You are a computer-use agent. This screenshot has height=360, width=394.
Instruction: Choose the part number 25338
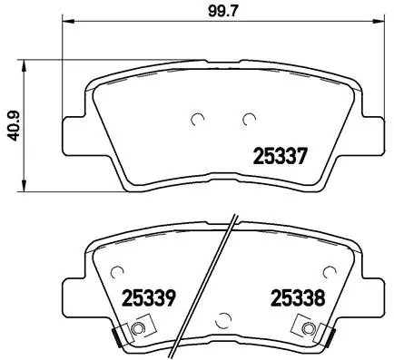point(292,297)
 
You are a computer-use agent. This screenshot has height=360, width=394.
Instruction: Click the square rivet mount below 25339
point(137,328)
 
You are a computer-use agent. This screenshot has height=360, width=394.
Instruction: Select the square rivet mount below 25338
point(313,328)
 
